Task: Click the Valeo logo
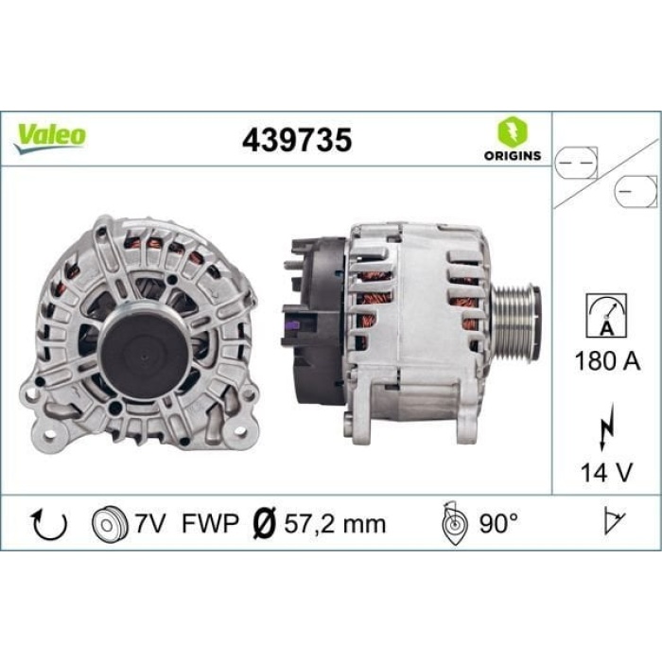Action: click(50, 135)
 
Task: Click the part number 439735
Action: click(296, 140)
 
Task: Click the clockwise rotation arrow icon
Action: click(48, 524)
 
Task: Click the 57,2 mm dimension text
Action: click(337, 524)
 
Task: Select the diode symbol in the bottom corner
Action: click(616, 522)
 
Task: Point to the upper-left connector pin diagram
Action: click(578, 162)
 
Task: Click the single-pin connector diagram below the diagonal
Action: click(633, 191)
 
